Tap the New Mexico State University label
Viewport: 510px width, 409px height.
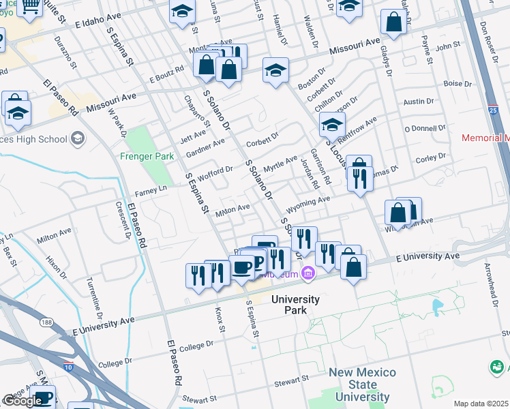361,384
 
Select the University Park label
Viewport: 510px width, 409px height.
295,304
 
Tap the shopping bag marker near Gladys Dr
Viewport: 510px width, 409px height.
393,22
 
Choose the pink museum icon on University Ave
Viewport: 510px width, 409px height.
308,273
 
